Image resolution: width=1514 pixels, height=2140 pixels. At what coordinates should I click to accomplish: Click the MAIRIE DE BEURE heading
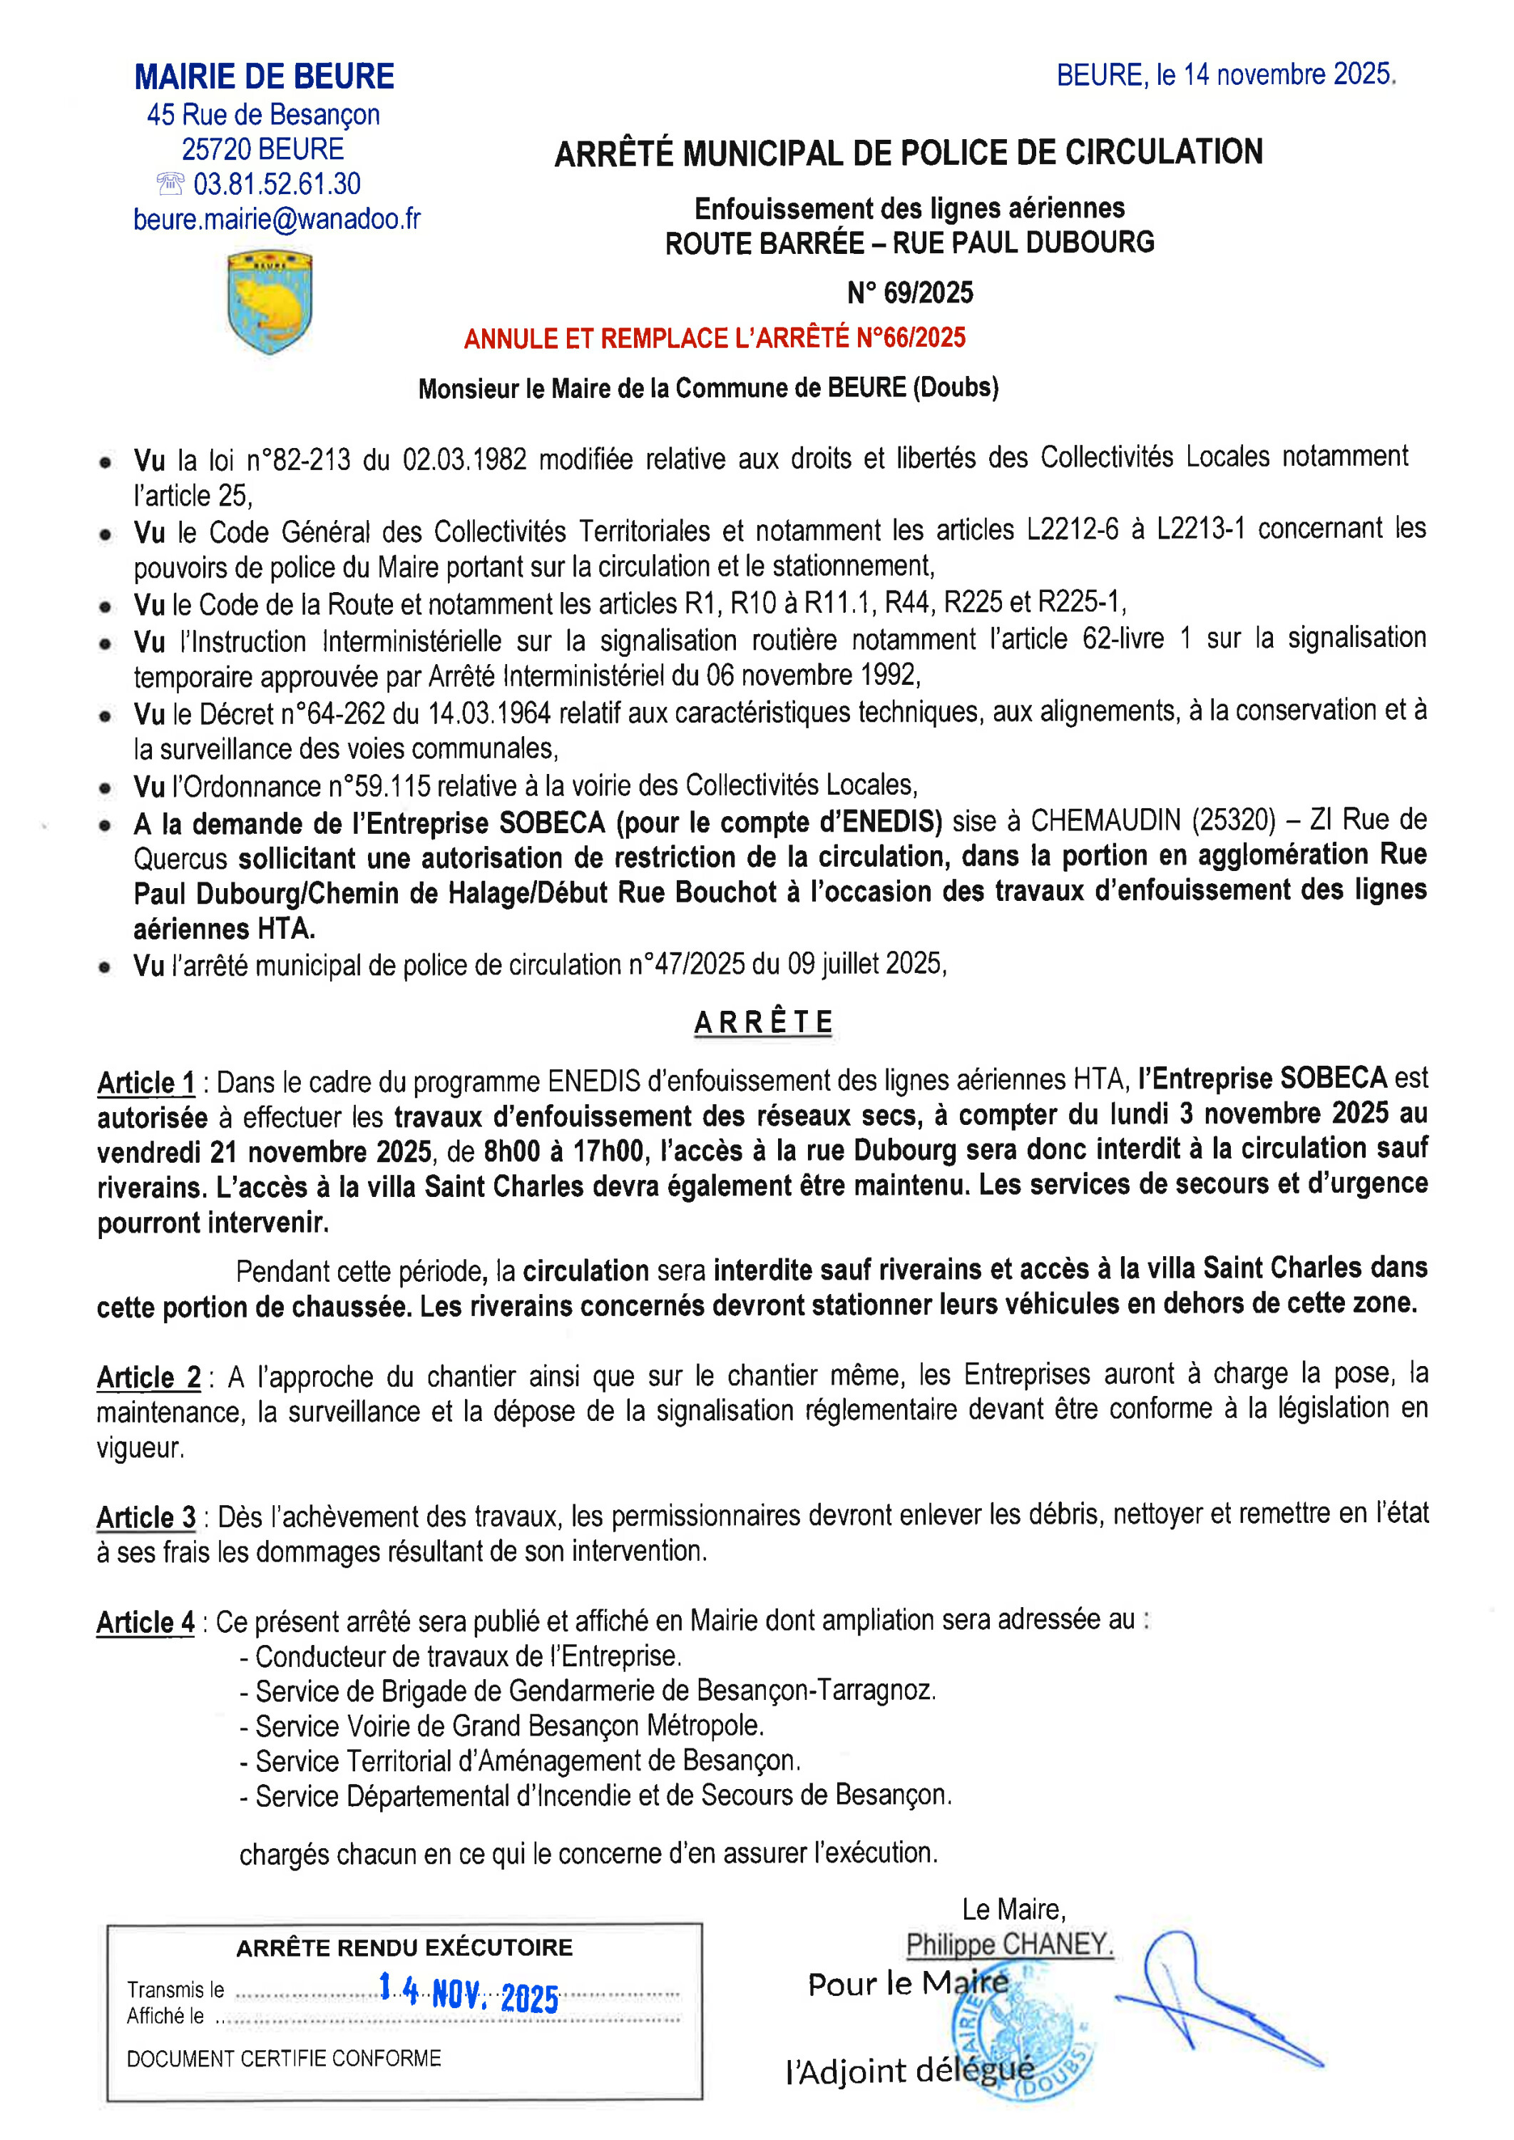tap(264, 76)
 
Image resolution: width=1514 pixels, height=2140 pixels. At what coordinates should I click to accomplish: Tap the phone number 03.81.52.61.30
tap(277, 184)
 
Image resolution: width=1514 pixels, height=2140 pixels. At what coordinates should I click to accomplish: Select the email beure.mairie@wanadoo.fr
tap(277, 219)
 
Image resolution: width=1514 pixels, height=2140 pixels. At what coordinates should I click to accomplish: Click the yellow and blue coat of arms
tap(270, 301)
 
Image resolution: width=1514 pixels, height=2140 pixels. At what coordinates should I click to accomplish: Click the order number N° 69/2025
tap(909, 292)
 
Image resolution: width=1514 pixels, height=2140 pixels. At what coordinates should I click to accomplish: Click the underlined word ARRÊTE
tap(762, 1022)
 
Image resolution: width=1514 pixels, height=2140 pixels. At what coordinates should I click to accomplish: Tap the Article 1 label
tap(146, 1083)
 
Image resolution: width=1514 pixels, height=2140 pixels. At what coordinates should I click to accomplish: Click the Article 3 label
tap(146, 1517)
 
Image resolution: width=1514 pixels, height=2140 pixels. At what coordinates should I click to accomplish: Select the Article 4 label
tap(145, 1623)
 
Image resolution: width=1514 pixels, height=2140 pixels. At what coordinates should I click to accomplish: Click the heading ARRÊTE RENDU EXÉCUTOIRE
tap(404, 1948)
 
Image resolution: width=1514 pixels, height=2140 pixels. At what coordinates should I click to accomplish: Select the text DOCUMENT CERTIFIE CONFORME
tap(283, 2058)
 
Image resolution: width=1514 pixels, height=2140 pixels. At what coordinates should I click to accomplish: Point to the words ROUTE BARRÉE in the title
tap(764, 243)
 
